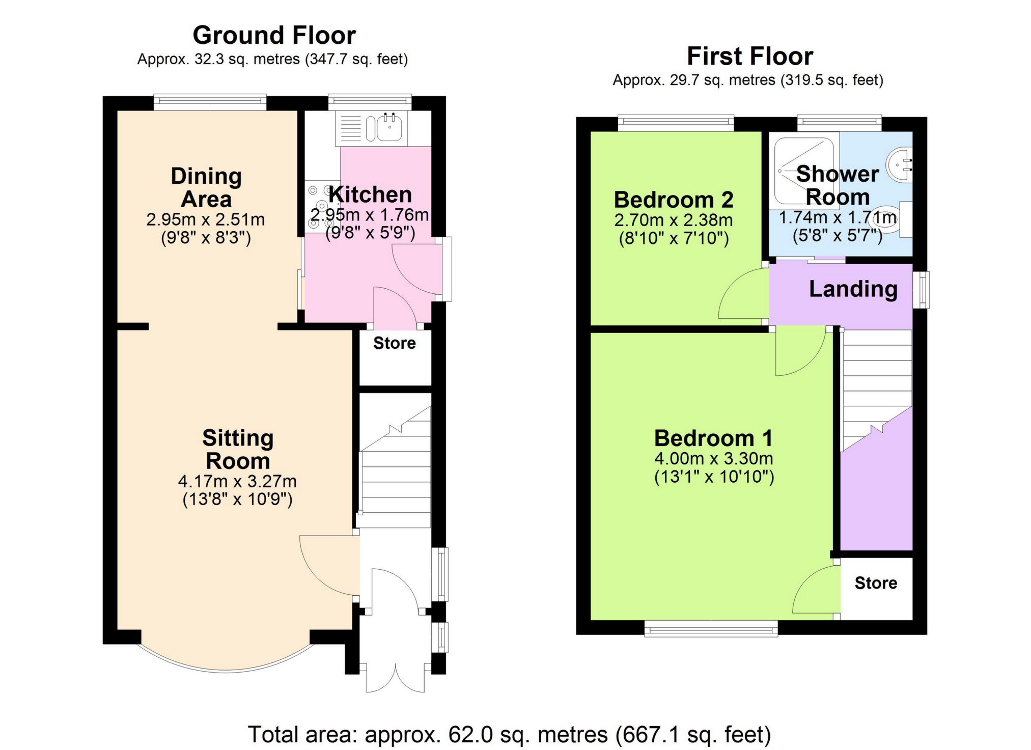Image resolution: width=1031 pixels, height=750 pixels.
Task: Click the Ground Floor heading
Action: click(274, 36)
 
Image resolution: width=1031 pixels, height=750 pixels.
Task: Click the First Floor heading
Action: click(750, 57)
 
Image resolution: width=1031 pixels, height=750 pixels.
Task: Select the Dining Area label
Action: click(206, 187)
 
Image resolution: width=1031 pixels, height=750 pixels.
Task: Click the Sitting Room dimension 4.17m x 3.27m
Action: click(237, 481)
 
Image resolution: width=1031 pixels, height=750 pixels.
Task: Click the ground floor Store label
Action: click(395, 343)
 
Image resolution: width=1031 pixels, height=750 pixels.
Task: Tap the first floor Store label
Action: click(876, 583)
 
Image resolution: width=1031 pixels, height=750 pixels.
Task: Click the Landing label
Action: click(853, 289)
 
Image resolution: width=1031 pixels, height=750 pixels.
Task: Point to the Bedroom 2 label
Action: click(674, 200)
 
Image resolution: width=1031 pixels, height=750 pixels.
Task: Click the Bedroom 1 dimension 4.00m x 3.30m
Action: click(714, 459)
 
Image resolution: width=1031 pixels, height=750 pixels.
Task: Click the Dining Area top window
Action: click(210, 102)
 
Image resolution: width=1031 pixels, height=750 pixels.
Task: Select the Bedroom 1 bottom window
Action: click(711, 628)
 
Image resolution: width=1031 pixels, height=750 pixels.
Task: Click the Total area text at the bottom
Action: click(509, 735)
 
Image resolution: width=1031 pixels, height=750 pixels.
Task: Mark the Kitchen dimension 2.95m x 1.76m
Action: click(370, 215)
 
